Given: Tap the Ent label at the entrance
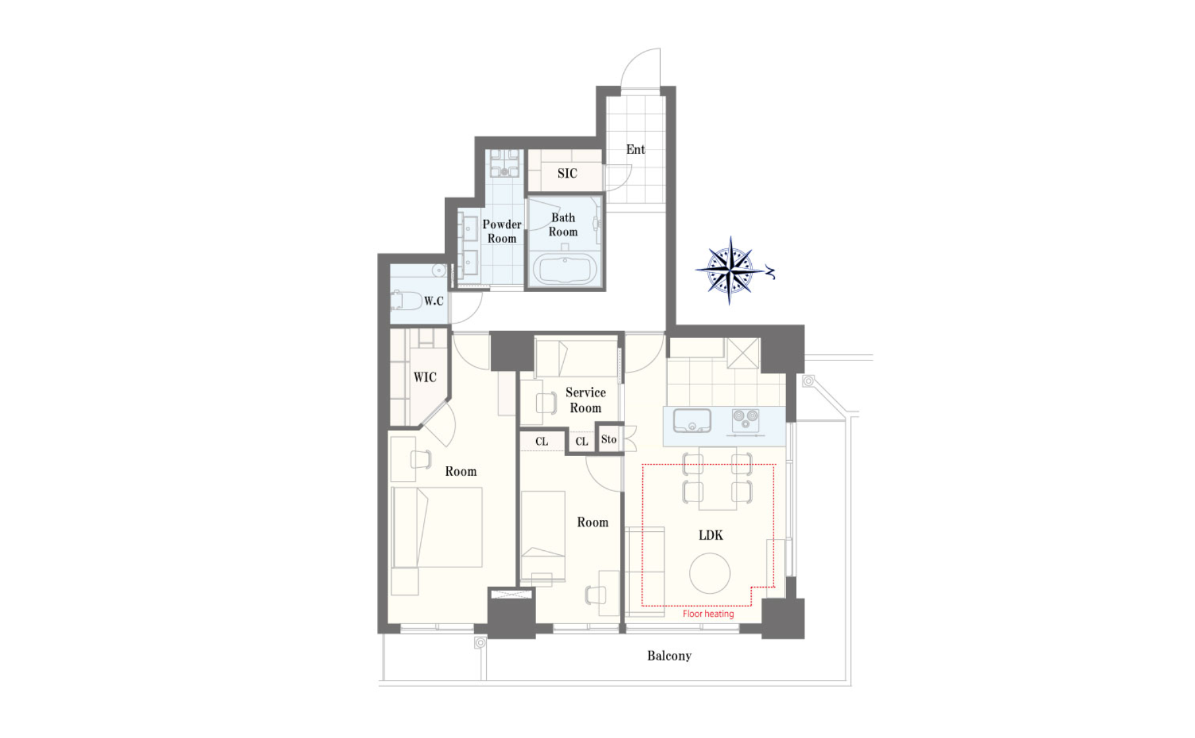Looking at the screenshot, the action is pos(636,150).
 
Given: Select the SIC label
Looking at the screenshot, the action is pos(567,173).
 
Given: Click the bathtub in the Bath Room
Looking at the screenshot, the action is pos(565,270).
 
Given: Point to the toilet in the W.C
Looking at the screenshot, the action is pos(406,300).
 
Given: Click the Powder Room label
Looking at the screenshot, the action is pos(502,231).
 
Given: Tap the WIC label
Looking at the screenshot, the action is pos(425,377).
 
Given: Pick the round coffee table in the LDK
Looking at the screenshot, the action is pos(710,573).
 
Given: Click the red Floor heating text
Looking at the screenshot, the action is pos(708,613).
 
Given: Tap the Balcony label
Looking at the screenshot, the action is pos(669,656).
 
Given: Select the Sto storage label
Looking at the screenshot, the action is pos(609,440).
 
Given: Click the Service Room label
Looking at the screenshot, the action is pos(586,400).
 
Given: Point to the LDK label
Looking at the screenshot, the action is pos(711,535).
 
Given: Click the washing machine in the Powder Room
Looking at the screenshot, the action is pos(505,163).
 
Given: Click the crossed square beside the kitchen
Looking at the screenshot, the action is pos(743,354).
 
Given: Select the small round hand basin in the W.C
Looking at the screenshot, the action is pos(439,270).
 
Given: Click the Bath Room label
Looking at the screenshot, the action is pos(563,225).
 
